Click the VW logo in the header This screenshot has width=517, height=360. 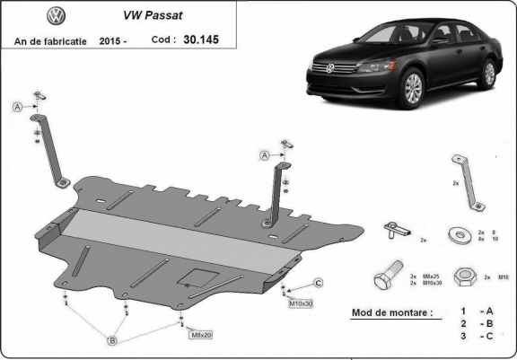click(30, 15)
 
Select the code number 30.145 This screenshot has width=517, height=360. click(200, 40)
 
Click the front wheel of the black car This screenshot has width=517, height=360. click(414, 89)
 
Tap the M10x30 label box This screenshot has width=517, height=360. click(301, 303)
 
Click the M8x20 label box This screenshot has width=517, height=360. click(201, 335)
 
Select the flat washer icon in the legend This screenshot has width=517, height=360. click(464, 234)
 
